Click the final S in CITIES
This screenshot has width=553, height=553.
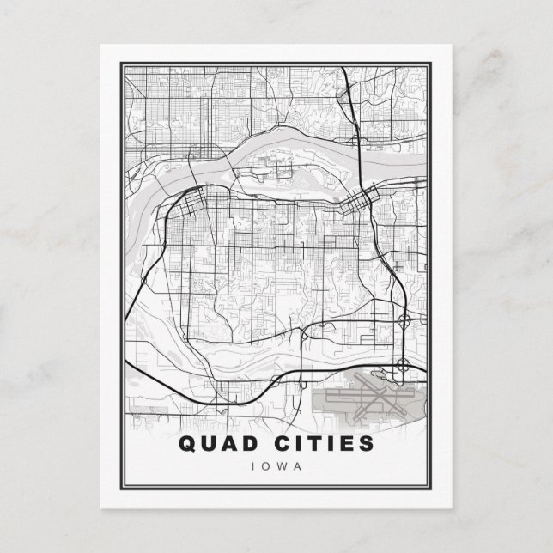coord(367,445)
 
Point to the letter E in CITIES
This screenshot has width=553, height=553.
coord(349,445)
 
